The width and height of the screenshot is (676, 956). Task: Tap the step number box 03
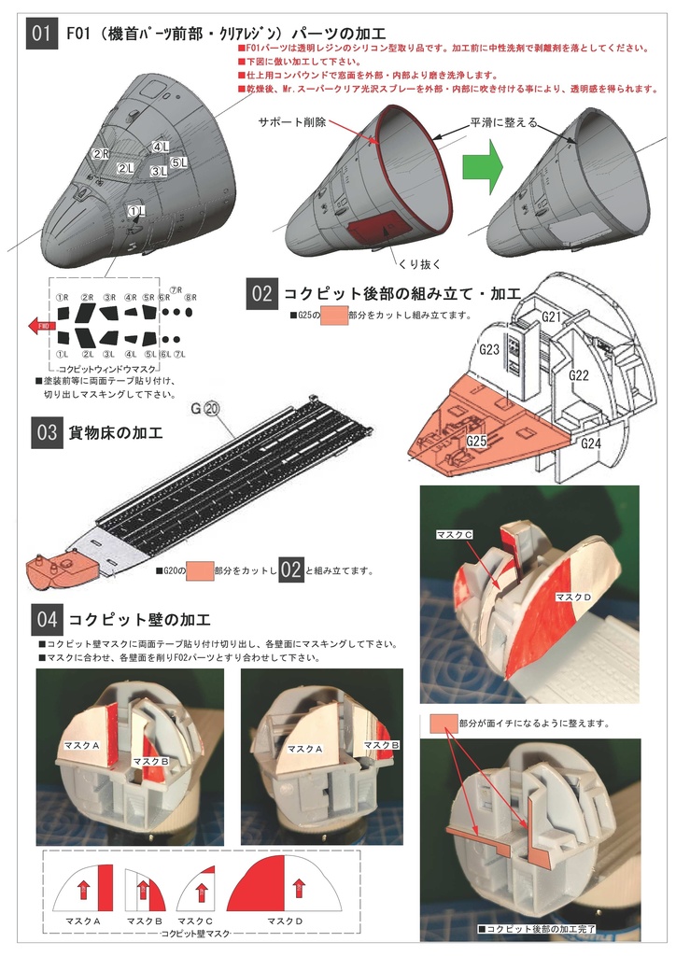point(46,434)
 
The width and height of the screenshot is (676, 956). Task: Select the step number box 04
point(46,618)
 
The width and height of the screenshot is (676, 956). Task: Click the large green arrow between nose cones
point(484,171)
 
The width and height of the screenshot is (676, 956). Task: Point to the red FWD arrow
point(40,326)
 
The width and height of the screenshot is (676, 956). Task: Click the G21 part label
point(552,318)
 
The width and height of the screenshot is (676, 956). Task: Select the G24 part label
point(590,443)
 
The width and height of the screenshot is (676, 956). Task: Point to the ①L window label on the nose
point(136,212)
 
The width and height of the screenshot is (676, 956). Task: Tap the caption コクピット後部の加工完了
point(537,929)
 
